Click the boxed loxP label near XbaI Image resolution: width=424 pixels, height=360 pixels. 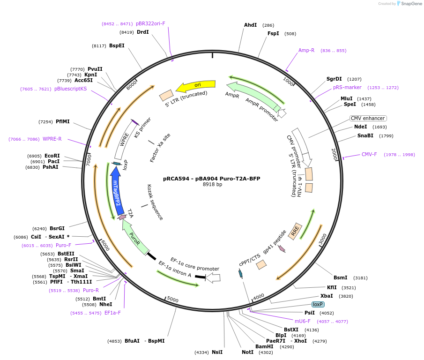pyautogui.click(x=318, y=304)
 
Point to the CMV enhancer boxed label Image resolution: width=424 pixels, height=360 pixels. pyautogui.click(x=368, y=118)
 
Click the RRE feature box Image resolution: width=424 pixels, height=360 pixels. pyautogui.click(x=295, y=231)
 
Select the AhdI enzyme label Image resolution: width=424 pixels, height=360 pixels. pyautogui.click(x=250, y=25)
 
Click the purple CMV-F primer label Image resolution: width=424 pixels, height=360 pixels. pyautogui.click(x=369, y=154)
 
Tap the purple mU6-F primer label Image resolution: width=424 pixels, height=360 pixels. pyautogui.click(x=303, y=321)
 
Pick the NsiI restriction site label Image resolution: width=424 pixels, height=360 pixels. pyautogui.click(x=217, y=352)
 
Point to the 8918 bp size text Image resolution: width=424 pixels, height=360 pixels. pyautogui.click(x=212, y=185)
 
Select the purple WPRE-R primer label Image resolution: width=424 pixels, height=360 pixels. pyautogui.click(x=52, y=139)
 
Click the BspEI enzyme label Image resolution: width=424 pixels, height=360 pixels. pyautogui.click(x=117, y=45)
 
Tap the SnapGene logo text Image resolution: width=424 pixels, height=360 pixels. pyautogui.click(x=411, y=4)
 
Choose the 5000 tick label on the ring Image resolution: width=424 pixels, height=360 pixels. pyautogui.click(x=173, y=299)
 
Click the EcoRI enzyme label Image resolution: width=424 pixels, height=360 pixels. pyautogui.click(x=52, y=156)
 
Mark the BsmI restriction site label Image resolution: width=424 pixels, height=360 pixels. pyautogui.click(x=341, y=277)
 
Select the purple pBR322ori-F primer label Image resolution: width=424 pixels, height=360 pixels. pyautogui.click(x=150, y=23)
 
